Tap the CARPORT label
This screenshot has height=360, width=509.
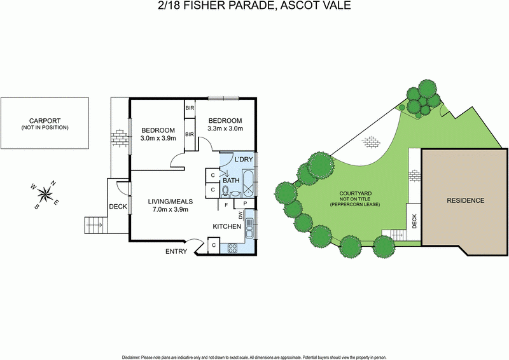(44, 120)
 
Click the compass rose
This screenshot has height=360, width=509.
(45, 193)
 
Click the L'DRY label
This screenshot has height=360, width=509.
(244, 159)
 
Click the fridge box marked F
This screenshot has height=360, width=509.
(227, 205)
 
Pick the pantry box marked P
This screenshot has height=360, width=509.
(246, 204)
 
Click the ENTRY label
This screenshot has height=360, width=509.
(176, 252)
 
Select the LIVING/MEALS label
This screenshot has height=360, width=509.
(168, 202)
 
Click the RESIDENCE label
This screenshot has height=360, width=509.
(465, 201)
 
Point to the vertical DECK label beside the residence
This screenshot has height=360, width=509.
(414, 221)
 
